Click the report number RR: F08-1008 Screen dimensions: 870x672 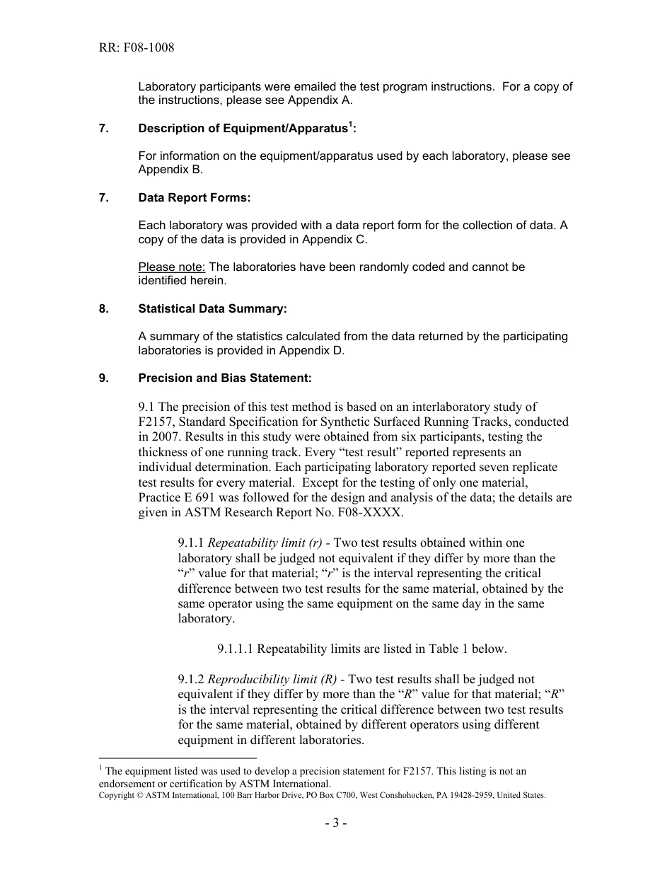(x=137, y=48)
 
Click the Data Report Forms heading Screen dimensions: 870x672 (x=195, y=198)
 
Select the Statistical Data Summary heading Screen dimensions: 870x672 (x=213, y=308)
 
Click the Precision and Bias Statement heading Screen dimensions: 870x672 (x=225, y=378)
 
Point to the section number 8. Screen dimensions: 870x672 (x=104, y=308)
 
